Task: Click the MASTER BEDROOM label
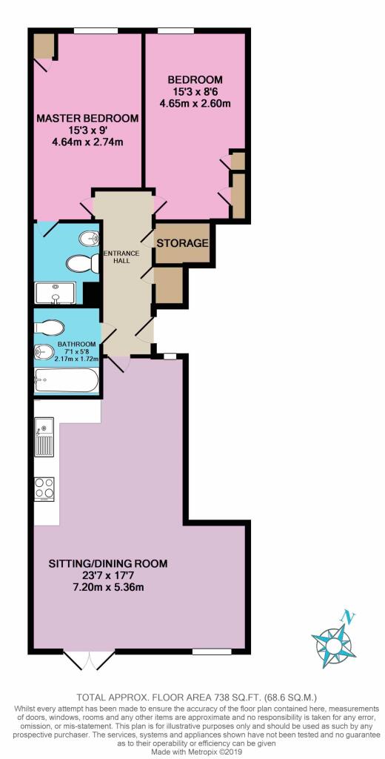[88, 119]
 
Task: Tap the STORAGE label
[182, 243]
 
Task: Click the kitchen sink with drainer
[43, 437]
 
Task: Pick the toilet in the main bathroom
[51, 328]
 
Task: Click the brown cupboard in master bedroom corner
[41, 46]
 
